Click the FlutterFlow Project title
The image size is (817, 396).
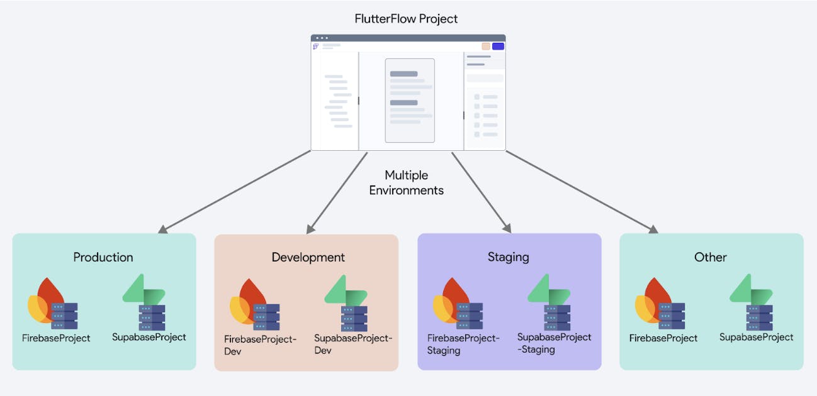pyautogui.click(x=406, y=19)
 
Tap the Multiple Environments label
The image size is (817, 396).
pyautogui.click(x=406, y=182)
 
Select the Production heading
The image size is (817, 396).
pyautogui.click(x=103, y=257)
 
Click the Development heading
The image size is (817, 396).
pyautogui.click(x=308, y=257)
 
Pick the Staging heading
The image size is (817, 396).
pyautogui.click(x=508, y=257)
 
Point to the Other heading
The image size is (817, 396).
pyautogui.click(x=710, y=257)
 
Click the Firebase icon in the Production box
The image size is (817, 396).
pyautogui.click(x=52, y=304)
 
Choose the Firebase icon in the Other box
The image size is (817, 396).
pyautogui.click(x=660, y=304)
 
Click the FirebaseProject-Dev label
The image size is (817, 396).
pyautogui.click(x=260, y=345)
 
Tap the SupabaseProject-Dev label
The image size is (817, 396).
pyautogui.click(x=353, y=344)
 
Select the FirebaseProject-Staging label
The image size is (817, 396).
pyautogui.click(x=463, y=344)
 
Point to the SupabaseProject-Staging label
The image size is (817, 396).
pyautogui.click(x=554, y=343)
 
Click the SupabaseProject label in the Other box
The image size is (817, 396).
pyautogui.click(x=756, y=338)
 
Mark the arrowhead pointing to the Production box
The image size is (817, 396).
pyautogui.click(x=162, y=229)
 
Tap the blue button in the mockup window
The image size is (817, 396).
pyautogui.click(x=498, y=46)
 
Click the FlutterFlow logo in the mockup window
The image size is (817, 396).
pyautogui.click(x=315, y=47)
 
